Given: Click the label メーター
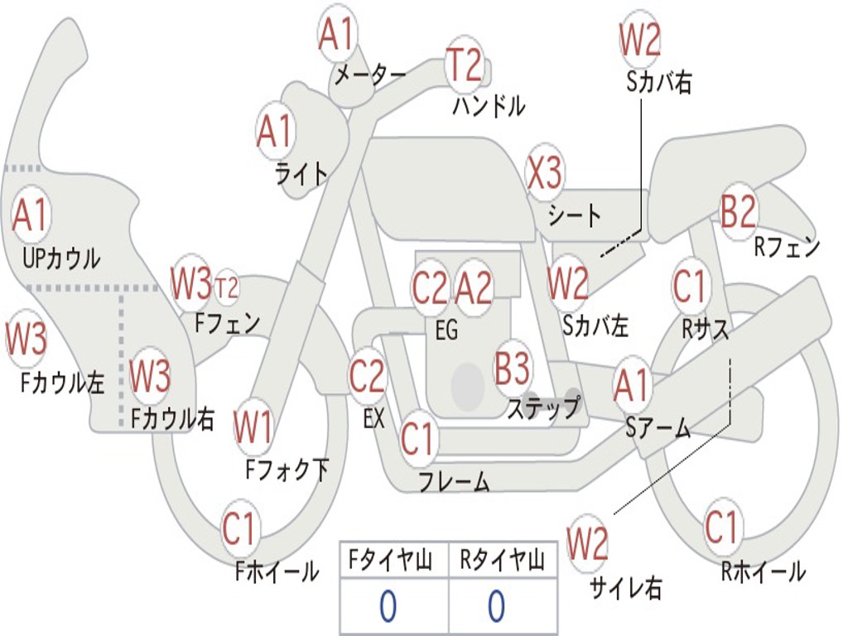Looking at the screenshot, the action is coord(370,75).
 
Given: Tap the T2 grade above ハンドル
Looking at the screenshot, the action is coord(464,65).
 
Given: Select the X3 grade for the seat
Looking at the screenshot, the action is coord(545,174).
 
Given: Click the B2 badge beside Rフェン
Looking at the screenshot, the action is coord(738,213).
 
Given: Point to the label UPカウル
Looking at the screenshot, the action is coord(61,258).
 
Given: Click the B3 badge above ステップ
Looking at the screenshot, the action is coord(513,369).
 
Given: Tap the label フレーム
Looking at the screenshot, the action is coord(454,481).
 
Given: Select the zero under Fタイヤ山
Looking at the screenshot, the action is coord(388,607).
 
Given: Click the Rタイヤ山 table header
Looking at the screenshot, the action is coord(502,561).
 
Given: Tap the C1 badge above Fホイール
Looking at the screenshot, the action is coord(239,528).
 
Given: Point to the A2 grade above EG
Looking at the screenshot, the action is coord(475,287).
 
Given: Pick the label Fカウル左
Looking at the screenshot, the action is coord(63,383).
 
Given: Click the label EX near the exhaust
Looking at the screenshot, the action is coord(373,418).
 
